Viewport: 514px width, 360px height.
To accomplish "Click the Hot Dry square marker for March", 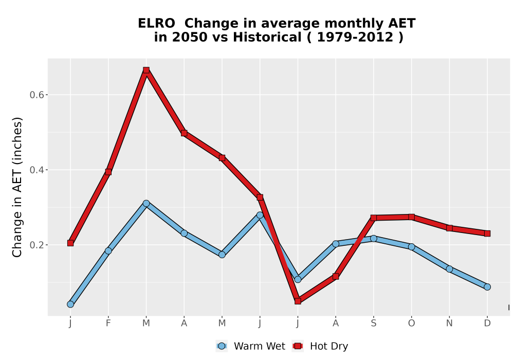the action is pos(146,70).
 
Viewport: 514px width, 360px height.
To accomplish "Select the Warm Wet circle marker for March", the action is pos(146,204).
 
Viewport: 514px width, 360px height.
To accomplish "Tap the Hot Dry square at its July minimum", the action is pos(298,301).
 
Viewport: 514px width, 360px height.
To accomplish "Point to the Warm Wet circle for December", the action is pos(487,287).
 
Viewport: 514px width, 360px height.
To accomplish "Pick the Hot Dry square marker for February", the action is pos(108,172).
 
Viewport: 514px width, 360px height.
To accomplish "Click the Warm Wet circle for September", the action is pos(373,238).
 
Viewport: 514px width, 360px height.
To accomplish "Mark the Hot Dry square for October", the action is pos(411,217).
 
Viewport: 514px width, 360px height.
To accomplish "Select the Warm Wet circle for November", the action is pos(449,269).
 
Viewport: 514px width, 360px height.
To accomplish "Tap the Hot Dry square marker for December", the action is pos(487,233).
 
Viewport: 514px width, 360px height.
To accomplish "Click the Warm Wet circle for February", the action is pos(108,251).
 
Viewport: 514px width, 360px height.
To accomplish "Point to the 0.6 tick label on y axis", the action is pos(36,95).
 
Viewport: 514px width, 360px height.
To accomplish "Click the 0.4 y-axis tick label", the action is pos(36,170).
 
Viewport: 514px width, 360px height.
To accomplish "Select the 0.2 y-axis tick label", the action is pos(36,245).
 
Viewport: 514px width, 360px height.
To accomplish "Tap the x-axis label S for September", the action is pos(373,323).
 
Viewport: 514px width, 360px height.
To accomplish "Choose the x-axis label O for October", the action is pos(411,323).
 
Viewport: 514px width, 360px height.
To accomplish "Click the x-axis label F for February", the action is pos(108,323).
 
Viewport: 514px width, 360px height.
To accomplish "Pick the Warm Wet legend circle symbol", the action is pos(222,346).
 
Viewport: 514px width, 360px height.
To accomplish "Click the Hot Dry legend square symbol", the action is pos(298,346).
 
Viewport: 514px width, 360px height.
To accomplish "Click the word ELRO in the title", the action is pos(156,24).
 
